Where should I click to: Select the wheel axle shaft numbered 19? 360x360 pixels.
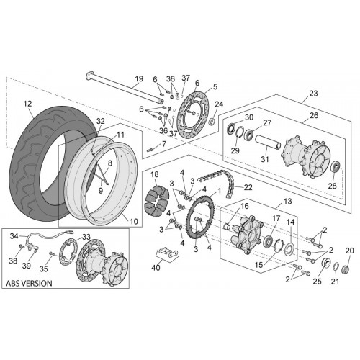tap(125, 88)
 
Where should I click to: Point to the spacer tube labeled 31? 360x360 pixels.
tap(268, 143)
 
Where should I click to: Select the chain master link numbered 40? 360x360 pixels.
tap(168, 253)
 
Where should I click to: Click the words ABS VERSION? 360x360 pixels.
tap(29, 283)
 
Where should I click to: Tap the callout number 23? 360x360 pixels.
tap(313, 94)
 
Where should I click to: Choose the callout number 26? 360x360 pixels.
tap(314, 115)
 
